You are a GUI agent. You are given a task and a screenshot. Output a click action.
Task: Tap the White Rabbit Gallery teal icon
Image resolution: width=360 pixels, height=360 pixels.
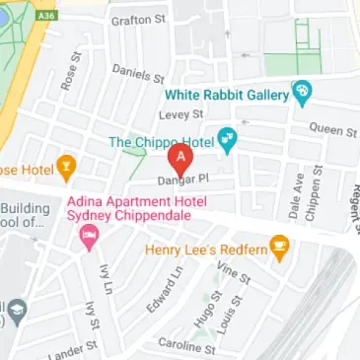tap(302, 95)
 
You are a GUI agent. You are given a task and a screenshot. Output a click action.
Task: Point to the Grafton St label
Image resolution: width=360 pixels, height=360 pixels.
tap(138, 20)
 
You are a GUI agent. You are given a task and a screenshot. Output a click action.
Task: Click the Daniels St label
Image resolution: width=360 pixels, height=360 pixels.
tap(136, 73)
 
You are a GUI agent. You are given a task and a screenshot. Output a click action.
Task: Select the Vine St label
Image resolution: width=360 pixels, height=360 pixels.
tap(234, 273)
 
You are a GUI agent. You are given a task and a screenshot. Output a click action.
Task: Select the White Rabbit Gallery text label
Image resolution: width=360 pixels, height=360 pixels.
tap(226, 95)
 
